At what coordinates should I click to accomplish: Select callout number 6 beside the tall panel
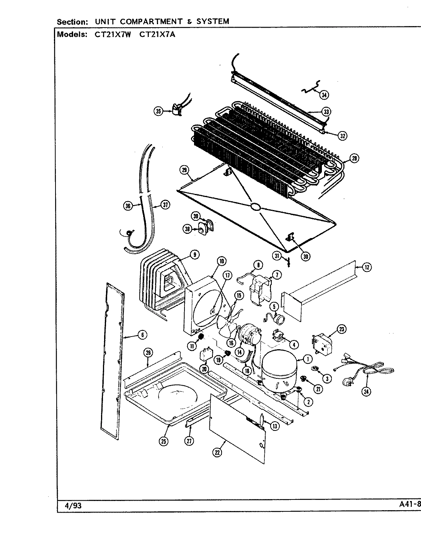pos(142,335)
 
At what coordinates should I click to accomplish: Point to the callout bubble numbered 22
pos(217,453)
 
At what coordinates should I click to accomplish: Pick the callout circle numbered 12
pos(366,267)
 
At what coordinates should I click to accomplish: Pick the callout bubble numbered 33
pos(326,112)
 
